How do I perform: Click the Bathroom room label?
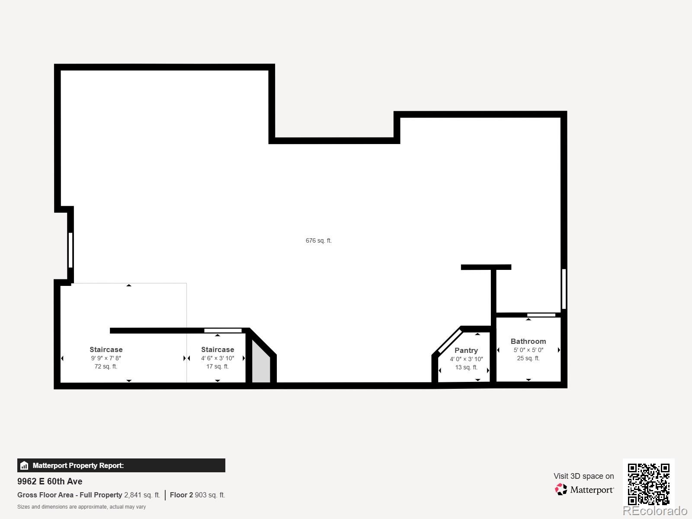(x=528, y=341)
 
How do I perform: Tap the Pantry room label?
(x=466, y=350)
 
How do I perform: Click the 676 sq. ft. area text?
(x=319, y=240)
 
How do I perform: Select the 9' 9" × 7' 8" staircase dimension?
(x=106, y=358)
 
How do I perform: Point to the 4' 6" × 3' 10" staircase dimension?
(x=218, y=358)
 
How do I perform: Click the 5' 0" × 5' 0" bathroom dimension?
(x=528, y=350)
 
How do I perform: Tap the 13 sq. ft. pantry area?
(x=466, y=367)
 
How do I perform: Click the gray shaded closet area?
(x=261, y=365)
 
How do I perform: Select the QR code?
(x=648, y=484)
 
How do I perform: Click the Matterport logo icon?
(x=561, y=490)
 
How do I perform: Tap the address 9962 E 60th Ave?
(x=50, y=481)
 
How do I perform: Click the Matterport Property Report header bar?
(x=121, y=465)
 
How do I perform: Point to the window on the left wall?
(x=70, y=250)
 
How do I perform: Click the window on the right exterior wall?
(x=564, y=289)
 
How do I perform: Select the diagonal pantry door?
(x=450, y=341)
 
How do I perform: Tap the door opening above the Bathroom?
(x=541, y=315)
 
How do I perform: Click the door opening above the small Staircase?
(x=223, y=331)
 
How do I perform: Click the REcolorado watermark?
(x=655, y=511)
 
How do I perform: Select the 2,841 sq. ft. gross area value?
(x=142, y=495)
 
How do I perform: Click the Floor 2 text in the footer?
(x=181, y=495)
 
